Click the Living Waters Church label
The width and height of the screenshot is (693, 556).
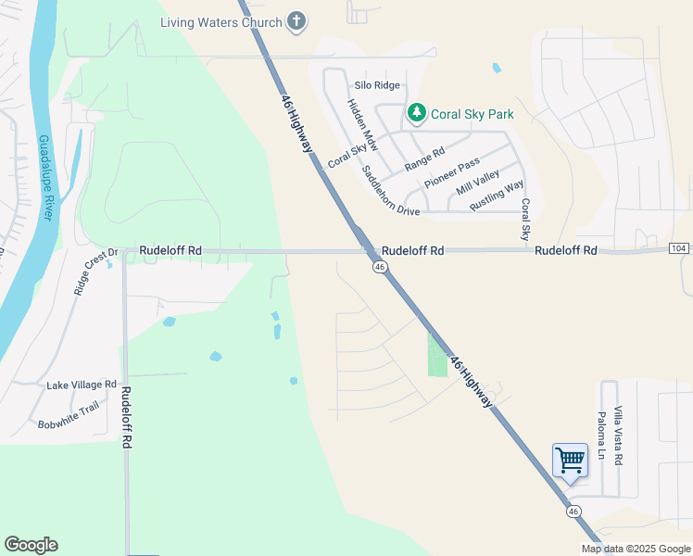pyautogui.click(x=220, y=22)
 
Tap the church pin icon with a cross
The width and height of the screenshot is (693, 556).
pyautogui.click(x=296, y=21)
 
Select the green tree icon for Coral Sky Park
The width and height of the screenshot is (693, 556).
pyautogui.click(x=416, y=114)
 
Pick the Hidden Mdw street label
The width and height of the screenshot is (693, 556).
pyautogui.click(x=363, y=126)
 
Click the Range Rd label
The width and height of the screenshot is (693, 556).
pyautogui.click(x=425, y=159)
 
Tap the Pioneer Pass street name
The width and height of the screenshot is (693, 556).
pyautogui.click(x=451, y=173)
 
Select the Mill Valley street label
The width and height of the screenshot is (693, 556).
pyautogui.click(x=478, y=183)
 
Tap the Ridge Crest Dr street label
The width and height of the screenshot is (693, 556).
pyautogui.click(x=95, y=271)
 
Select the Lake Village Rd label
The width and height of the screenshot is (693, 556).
pyautogui.click(x=82, y=384)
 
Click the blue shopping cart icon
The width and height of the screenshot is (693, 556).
pyautogui.click(x=570, y=460)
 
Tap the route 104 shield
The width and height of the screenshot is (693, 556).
pyautogui.click(x=678, y=248)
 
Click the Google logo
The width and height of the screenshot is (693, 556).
pyautogui.click(x=31, y=545)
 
